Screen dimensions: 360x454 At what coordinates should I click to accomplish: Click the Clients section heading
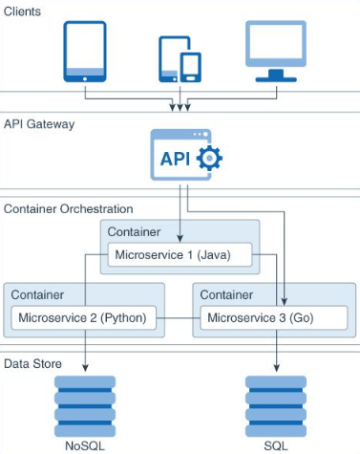pyautogui.click(x=22, y=11)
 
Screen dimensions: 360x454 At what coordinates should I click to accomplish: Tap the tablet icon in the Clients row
pyautogui.click(x=85, y=52)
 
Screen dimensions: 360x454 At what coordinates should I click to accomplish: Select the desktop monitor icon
pyautogui.click(x=276, y=52)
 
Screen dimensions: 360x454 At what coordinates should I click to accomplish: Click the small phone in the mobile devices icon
pyautogui.click(x=191, y=67)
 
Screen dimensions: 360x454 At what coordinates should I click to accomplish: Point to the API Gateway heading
pyautogui.click(x=39, y=124)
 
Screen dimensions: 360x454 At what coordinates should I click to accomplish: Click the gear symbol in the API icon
pyautogui.click(x=209, y=158)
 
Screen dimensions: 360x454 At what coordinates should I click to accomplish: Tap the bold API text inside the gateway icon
pyautogui.click(x=175, y=159)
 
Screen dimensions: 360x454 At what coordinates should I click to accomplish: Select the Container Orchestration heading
pyautogui.click(x=69, y=209)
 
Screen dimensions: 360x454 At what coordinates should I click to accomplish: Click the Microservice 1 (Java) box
pyautogui.click(x=180, y=255)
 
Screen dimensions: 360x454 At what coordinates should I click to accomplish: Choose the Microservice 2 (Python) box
pyautogui.click(x=84, y=318)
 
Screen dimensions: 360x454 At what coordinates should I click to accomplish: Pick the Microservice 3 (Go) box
pyautogui.click(x=274, y=318)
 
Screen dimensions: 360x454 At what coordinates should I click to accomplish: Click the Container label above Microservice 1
pyautogui.click(x=134, y=232)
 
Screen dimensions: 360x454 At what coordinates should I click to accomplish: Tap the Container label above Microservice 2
pyautogui.click(x=37, y=295)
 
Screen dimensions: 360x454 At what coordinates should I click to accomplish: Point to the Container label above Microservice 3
pyautogui.click(x=226, y=295)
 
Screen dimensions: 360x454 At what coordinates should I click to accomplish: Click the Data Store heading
pyautogui.click(x=32, y=364)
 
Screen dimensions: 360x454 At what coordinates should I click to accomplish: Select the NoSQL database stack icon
pyautogui.click(x=85, y=406)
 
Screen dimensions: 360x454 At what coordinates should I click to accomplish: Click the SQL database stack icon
pyautogui.click(x=276, y=406)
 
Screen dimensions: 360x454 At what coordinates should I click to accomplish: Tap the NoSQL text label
pyautogui.click(x=85, y=445)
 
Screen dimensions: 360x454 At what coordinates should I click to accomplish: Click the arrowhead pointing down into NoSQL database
pyautogui.click(x=85, y=368)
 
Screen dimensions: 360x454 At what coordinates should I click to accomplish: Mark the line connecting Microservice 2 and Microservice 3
pyautogui.click(x=179, y=318)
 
